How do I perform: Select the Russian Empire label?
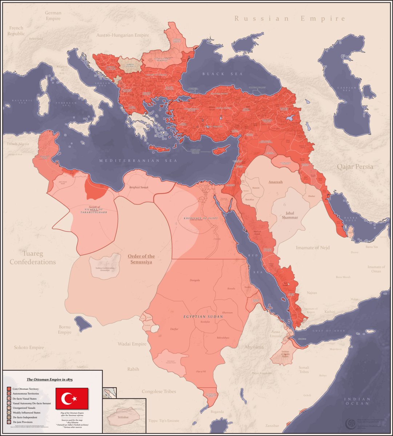pyautogui.click(x=289, y=19)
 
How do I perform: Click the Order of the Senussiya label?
pyautogui.click(x=141, y=259)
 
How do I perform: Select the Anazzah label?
pyautogui.click(x=275, y=182)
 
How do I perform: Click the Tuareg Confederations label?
pyautogui.click(x=33, y=258)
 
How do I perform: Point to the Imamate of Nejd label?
pyautogui.click(x=313, y=247)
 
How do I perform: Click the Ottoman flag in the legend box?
pyautogui.click(x=72, y=399)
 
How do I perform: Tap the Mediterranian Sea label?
pyautogui.click(x=139, y=161)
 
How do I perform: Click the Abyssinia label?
pyautogui.click(x=254, y=347)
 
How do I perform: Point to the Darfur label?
pyautogui.click(x=175, y=329)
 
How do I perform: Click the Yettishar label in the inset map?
pyautogui.click(x=125, y=417)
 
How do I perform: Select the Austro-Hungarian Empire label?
pyautogui.click(x=123, y=35)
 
